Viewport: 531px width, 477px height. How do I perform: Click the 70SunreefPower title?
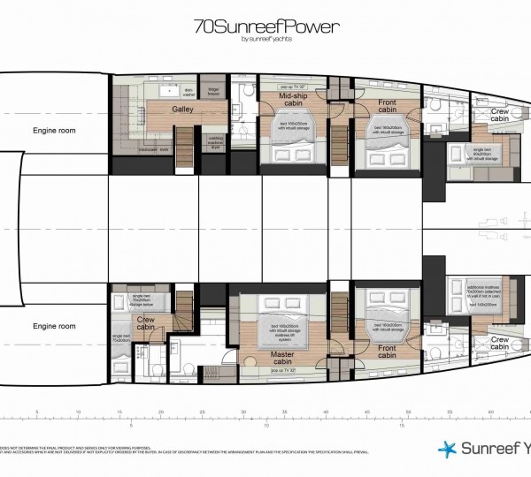(265, 26)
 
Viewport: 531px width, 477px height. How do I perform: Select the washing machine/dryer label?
(216, 144)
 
